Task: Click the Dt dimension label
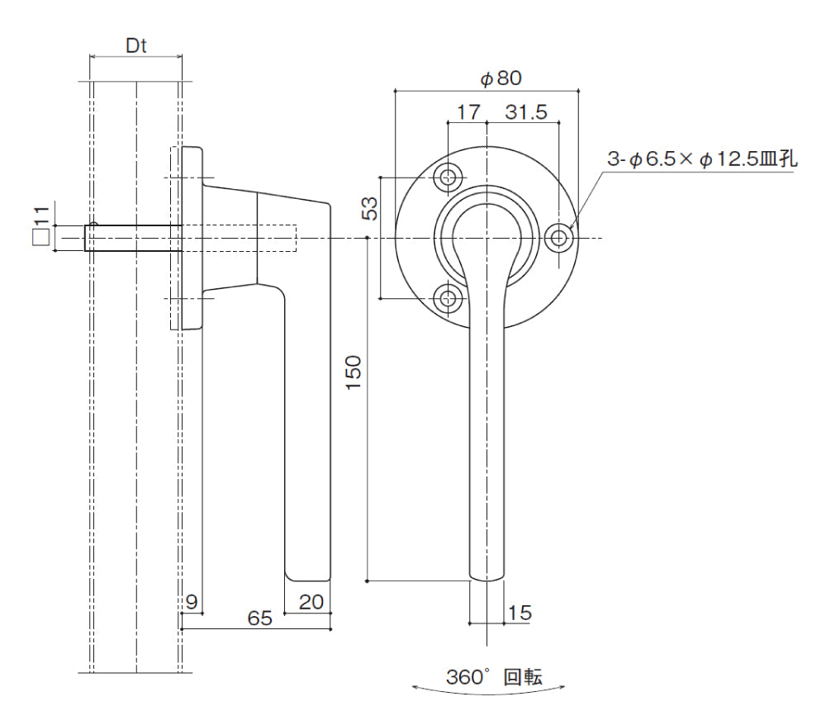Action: coord(135,46)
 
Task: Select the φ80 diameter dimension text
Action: coord(501,78)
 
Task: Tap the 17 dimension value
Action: coord(468,112)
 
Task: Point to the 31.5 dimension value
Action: coord(526,112)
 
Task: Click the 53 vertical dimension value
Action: coord(371,207)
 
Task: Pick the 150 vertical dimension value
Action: coord(354,372)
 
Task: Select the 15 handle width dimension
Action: coord(520,613)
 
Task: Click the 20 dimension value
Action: coord(311,602)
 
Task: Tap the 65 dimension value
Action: coord(259,618)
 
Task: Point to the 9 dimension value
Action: coord(192,602)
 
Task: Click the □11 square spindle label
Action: coord(40,227)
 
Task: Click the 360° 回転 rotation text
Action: coord(494,677)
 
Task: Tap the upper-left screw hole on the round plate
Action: coord(449,177)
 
